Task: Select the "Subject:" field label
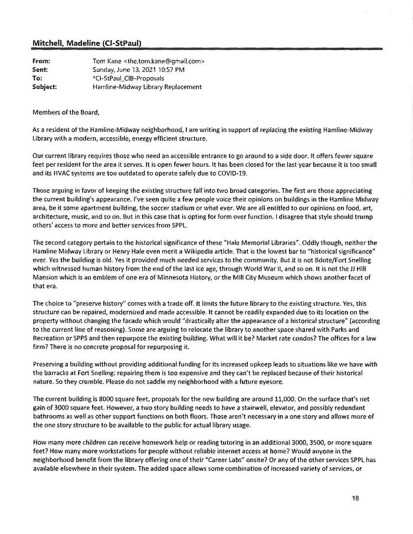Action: [x=46, y=87]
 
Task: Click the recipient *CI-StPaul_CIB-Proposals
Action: [x=128, y=78]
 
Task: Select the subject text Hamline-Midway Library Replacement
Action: [x=147, y=87]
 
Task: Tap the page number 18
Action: [x=355, y=498]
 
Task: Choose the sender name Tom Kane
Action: [x=107, y=61]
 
